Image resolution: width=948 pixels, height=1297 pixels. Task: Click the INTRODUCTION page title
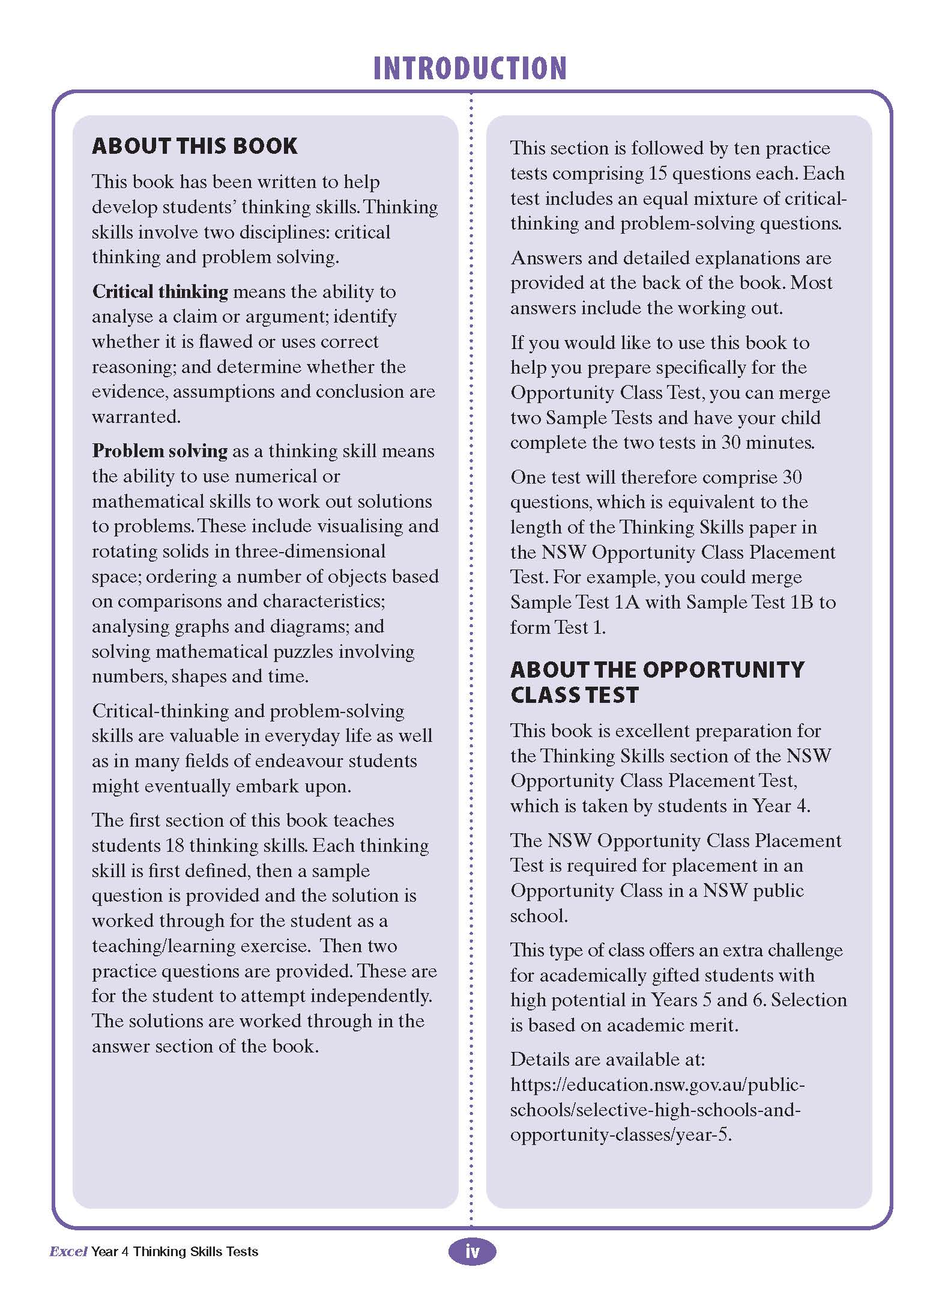(470, 68)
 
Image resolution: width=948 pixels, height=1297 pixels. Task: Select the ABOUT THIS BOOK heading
(195, 146)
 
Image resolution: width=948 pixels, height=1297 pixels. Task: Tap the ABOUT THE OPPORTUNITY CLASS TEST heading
(657, 682)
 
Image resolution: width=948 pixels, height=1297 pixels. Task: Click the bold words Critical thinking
(160, 292)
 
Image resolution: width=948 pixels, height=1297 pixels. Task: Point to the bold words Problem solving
(160, 451)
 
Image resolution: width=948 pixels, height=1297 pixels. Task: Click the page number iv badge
(472, 1251)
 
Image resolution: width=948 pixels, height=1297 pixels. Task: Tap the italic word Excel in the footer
(68, 1252)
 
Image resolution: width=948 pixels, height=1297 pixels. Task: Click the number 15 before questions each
(658, 174)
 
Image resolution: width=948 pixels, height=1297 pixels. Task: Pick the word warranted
(136, 417)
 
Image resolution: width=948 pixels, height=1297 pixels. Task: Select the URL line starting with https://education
(657, 1085)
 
